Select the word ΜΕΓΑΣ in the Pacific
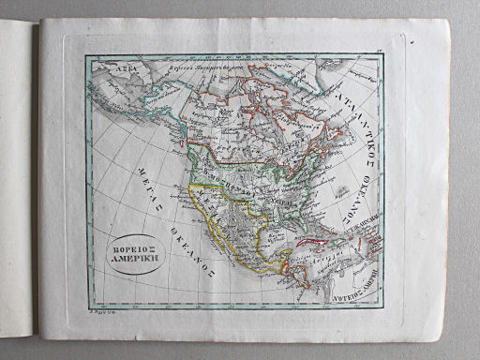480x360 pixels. coord(123,170)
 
